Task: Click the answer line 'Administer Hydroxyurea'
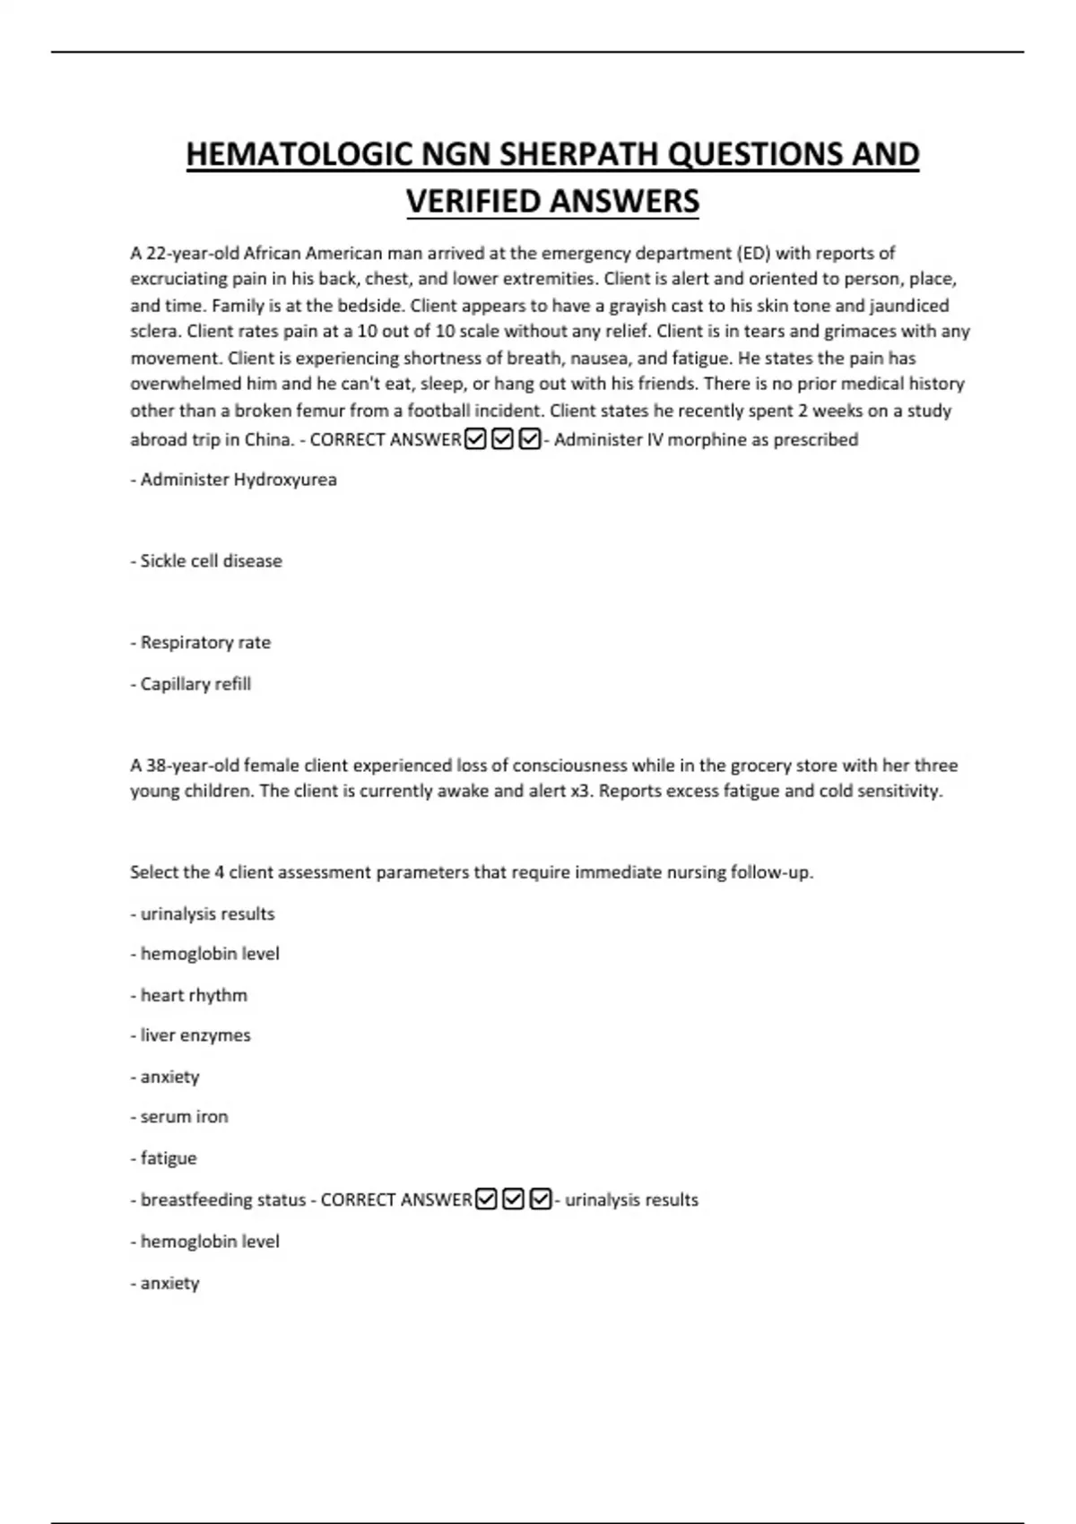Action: click(234, 480)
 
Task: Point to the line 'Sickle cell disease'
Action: click(206, 561)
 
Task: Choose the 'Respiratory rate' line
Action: click(201, 643)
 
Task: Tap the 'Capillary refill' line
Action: click(191, 684)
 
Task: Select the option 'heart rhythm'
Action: click(189, 995)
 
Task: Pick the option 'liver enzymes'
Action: click(191, 1035)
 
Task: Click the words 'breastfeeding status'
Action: click(223, 1199)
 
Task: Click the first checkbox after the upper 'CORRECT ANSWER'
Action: click(476, 439)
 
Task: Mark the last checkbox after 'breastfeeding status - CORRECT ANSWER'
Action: click(541, 1199)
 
